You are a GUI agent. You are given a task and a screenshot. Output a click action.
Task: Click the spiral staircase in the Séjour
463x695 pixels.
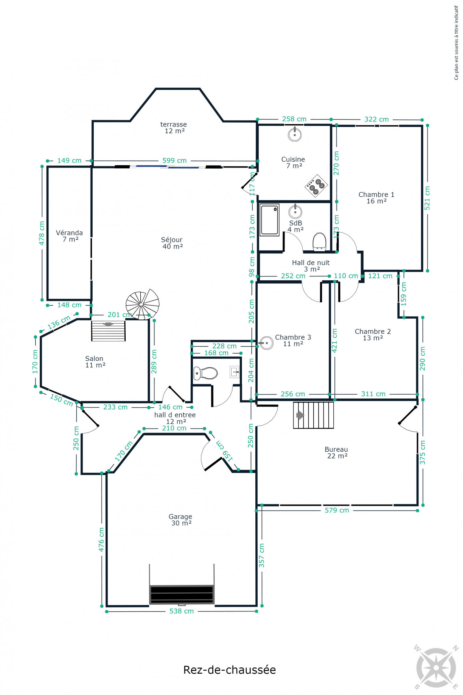[142, 304]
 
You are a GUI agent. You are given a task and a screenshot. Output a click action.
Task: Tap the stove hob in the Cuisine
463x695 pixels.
[316, 185]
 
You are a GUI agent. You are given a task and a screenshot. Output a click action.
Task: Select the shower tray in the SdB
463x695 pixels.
[270, 220]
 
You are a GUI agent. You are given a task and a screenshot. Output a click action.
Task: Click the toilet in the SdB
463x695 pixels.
[319, 242]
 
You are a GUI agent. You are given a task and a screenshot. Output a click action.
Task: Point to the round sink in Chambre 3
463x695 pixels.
[266, 343]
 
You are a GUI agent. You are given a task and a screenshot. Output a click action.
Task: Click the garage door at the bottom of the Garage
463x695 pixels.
[182, 594]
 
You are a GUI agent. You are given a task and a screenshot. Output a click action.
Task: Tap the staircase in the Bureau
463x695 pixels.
[313, 415]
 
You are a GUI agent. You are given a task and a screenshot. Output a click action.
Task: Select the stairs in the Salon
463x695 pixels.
[108, 331]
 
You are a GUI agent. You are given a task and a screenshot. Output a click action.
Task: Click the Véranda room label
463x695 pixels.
[69, 236]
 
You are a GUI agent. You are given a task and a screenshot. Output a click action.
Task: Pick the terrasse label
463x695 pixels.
[174, 127]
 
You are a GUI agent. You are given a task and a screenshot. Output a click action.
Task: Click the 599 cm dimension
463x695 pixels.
[175, 160]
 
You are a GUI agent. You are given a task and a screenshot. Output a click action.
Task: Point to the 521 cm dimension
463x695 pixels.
[427, 198]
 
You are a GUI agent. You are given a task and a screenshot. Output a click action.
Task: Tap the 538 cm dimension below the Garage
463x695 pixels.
[182, 611]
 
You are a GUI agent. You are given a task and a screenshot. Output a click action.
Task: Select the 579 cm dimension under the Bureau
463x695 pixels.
[337, 510]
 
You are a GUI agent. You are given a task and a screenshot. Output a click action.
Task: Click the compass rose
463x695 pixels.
[437, 667]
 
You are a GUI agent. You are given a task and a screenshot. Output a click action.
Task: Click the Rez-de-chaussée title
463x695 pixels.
[229, 670]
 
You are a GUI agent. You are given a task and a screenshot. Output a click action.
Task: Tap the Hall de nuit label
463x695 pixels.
[311, 266]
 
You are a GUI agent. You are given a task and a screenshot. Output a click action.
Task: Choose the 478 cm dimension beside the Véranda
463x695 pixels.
[42, 233]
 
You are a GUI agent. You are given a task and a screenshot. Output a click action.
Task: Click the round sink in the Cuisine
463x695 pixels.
[295, 134]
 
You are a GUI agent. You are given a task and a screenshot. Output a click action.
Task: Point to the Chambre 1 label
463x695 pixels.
[376, 198]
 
